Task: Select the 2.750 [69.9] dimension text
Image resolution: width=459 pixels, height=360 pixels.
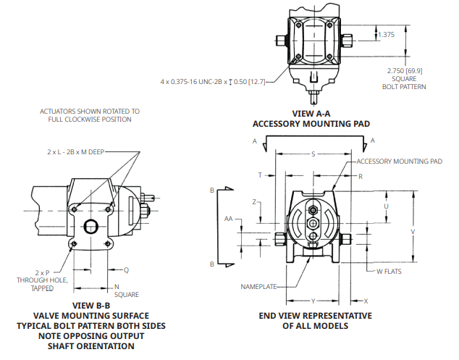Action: (404, 70)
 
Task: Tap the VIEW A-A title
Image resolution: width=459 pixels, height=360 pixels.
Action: (311, 114)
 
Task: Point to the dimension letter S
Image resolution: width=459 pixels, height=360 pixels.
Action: (313, 154)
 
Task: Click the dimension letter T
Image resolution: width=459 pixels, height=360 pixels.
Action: (260, 175)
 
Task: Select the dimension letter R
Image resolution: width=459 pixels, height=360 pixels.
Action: (361, 176)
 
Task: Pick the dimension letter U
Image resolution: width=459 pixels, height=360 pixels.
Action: (387, 206)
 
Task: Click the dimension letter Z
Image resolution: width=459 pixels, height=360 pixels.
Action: (255, 202)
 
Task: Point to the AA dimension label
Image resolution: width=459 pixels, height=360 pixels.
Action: (229, 218)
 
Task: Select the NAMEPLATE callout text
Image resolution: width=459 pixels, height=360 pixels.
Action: (258, 287)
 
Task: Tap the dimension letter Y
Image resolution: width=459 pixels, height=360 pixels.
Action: (313, 300)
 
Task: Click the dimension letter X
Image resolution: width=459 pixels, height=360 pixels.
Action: (366, 300)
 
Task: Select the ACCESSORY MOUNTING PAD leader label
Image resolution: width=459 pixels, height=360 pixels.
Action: (399, 162)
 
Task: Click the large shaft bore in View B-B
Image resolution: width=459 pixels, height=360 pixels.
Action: (90, 227)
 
